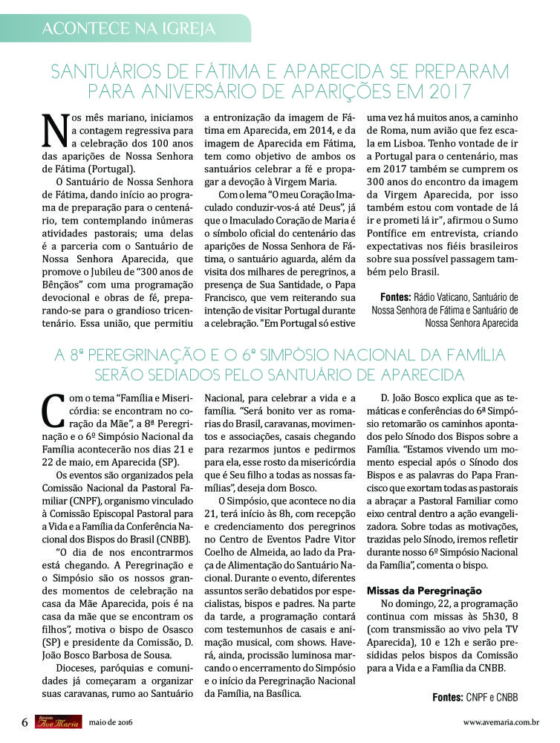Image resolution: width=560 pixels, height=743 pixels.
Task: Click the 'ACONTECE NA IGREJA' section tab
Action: (128, 28)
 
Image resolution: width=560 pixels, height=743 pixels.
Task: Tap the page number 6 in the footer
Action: (25, 722)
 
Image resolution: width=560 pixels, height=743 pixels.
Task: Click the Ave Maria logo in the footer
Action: (56, 722)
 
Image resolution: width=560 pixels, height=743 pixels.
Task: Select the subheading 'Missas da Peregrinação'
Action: (425, 591)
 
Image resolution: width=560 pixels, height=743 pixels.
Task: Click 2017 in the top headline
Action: (443, 92)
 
